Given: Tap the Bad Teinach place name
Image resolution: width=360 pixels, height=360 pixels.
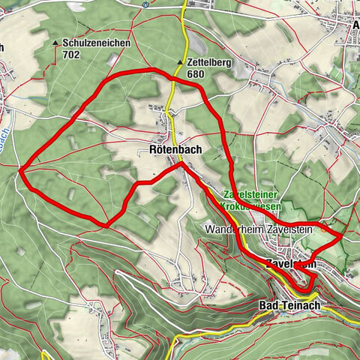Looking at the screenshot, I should click(x=288, y=305).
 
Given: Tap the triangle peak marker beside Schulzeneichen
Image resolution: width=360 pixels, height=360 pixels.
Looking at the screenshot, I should click(x=57, y=44).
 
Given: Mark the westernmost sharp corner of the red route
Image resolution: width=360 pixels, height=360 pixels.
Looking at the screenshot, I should click(x=21, y=171).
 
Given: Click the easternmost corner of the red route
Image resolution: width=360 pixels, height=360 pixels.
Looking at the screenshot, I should click(x=342, y=236).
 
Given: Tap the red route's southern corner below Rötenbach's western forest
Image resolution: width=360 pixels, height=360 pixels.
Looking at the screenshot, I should click(x=106, y=223).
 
